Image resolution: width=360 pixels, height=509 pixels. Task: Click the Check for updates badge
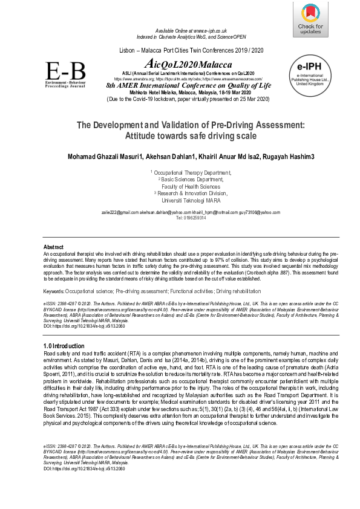311,19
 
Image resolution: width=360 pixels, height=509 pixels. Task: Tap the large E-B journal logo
66,75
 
